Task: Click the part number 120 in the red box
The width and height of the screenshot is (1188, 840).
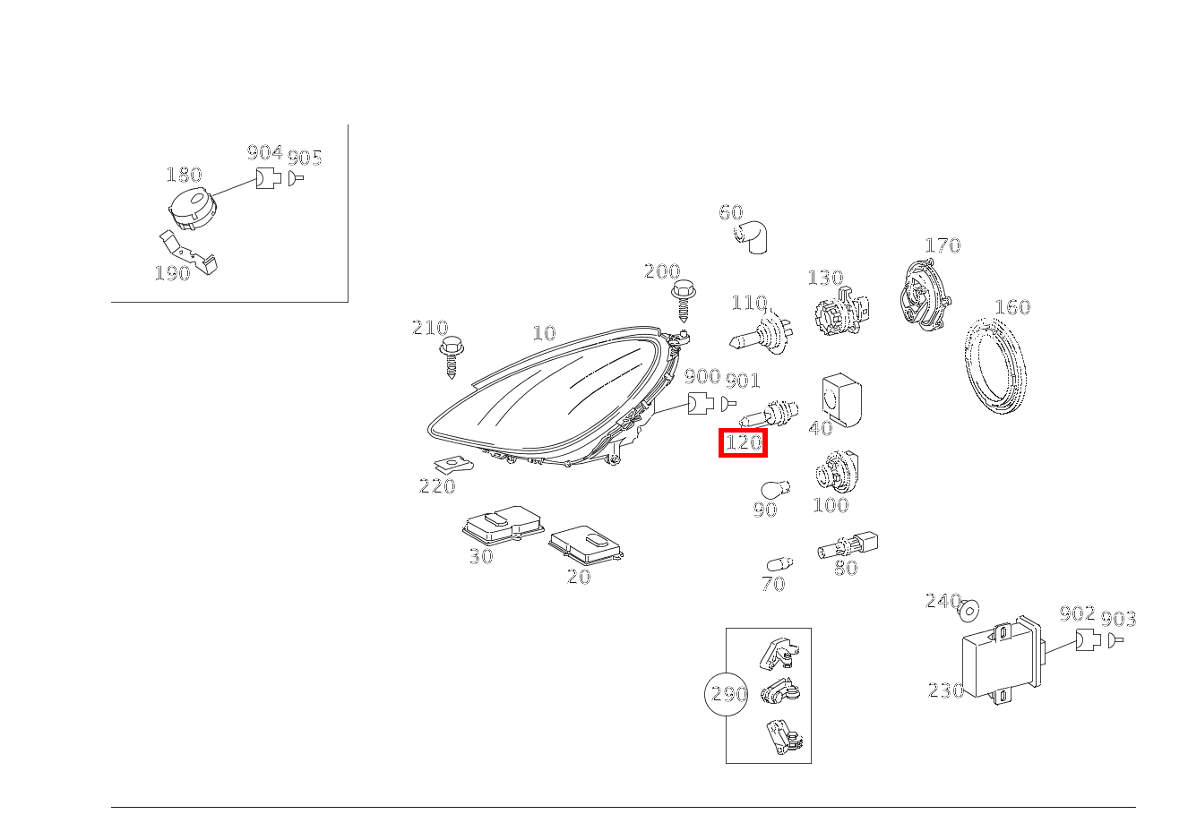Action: coord(743,442)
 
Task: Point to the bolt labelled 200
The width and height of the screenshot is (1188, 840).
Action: coord(684,300)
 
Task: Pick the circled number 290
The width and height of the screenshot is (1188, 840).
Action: coord(727,694)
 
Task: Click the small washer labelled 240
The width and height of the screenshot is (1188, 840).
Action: coord(968,611)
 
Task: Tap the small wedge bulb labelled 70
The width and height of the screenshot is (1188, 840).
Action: coord(779,564)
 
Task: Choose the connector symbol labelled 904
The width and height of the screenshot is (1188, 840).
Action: coord(267,177)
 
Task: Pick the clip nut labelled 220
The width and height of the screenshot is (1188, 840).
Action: coord(454,465)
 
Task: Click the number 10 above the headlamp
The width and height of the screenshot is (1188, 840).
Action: coord(544,333)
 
